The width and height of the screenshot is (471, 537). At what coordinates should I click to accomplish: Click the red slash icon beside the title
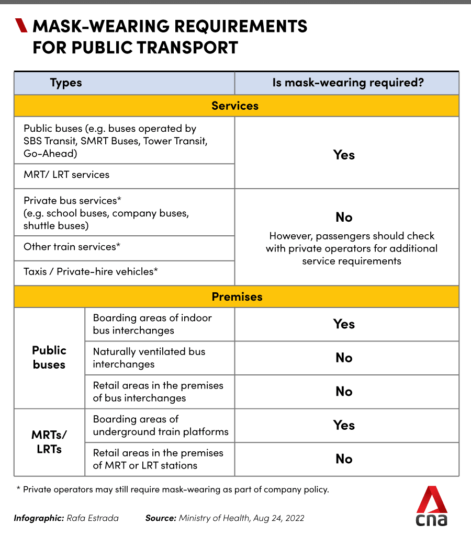click(21, 25)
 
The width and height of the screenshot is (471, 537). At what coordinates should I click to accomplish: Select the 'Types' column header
click(66, 83)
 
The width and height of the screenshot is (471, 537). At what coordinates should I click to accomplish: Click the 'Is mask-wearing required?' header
click(347, 83)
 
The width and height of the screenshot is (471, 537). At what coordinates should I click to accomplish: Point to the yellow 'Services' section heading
click(235, 106)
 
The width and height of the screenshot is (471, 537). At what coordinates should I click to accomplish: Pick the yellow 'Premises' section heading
click(237, 296)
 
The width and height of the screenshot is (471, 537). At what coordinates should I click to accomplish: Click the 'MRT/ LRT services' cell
click(66, 175)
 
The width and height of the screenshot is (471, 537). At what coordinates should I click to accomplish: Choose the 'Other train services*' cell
click(72, 247)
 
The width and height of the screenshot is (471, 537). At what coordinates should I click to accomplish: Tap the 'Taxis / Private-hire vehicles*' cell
click(91, 271)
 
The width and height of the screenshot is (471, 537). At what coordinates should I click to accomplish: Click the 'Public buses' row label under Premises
click(49, 357)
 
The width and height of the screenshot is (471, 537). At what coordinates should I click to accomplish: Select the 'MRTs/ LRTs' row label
click(49, 442)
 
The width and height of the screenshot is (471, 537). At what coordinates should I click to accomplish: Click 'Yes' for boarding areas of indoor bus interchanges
click(344, 324)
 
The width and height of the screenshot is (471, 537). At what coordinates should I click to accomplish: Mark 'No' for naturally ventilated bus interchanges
click(344, 358)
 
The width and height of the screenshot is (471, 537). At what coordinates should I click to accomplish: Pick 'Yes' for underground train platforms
click(344, 425)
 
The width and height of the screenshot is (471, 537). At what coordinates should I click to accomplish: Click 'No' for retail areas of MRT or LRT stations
click(344, 459)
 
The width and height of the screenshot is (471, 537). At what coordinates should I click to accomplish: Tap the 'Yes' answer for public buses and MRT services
click(344, 155)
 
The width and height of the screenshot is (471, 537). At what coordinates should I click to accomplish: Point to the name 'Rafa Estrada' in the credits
click(93, 518)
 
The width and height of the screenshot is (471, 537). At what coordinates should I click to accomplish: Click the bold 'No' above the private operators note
click(344, 217)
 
